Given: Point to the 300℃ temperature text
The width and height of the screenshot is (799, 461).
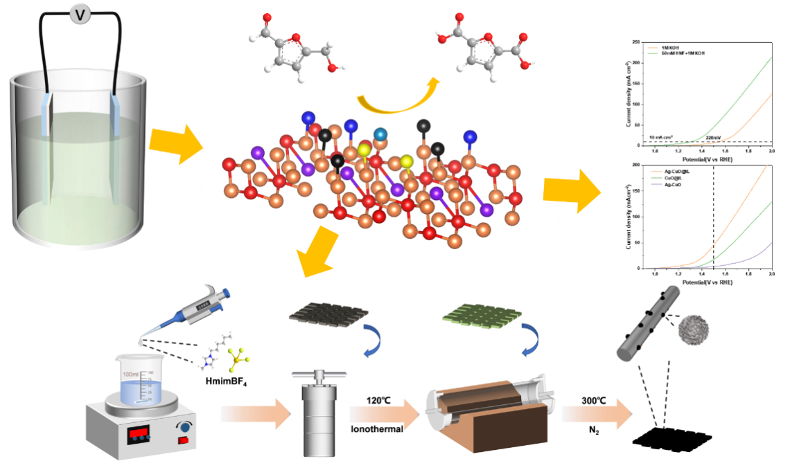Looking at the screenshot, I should coord(597,399).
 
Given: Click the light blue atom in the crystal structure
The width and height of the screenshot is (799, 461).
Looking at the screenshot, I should coord(379,134).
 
